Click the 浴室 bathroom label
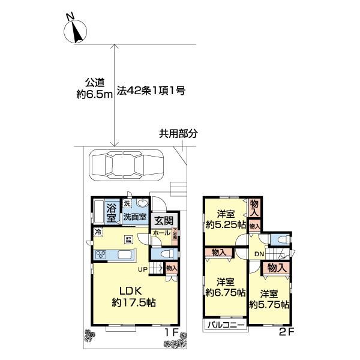tap(111, 212)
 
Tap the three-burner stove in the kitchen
tap(100, 254)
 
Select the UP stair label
tap(143, 269)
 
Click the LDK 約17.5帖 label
tap(133, 296)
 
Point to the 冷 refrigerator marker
tap(97, 232)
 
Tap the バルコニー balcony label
tap(226, 325)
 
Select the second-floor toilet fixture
tap(281, 239)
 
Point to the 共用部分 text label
tap(178, 134)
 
